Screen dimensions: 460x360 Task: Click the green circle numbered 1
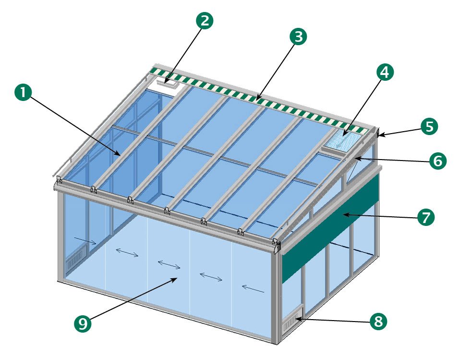coord(23,92)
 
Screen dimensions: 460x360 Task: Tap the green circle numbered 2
coord(205,21)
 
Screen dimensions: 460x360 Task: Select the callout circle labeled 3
coord(298,37)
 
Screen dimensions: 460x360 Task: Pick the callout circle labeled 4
coord(385,72)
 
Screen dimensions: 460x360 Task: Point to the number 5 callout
coord(429,126)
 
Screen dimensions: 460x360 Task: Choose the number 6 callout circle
coord(438,161)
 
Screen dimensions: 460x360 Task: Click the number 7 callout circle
coord(425,217)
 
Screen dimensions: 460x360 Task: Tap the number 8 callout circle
coord(378,321)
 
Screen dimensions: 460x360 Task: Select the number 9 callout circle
coord(83,323)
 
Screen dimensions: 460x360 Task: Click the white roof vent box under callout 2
coord(167,84)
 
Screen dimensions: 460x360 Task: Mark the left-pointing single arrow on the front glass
coord(253,289)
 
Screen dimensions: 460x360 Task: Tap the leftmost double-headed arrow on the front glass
coord(127,252)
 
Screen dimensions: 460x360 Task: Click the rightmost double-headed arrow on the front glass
coord(211,276)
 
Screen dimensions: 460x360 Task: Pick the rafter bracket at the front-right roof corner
coord(276,242)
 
